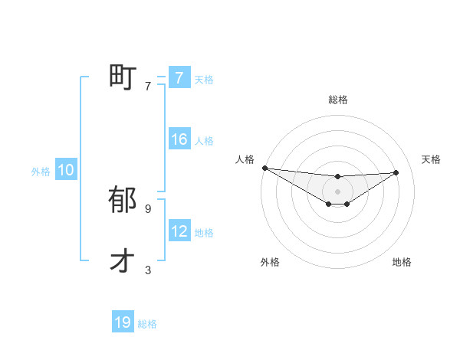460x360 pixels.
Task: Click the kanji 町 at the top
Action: click(123, 77)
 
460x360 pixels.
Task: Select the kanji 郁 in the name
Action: click(123, 200)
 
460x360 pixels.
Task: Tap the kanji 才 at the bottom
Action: click(123, 261)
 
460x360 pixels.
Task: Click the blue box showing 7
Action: click(179, 78)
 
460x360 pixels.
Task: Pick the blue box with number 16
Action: click(179, 139)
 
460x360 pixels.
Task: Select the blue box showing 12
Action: click(179, 231)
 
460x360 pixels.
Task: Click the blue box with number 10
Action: click(66, 171)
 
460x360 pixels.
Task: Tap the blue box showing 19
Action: click(123, 322)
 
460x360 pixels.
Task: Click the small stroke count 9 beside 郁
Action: click(148, 208)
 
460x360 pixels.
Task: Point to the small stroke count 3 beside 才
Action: click(148, 270)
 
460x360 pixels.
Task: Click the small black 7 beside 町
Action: click(148, 87)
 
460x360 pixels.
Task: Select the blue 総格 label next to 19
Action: click(147, 324)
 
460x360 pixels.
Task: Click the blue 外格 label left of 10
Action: click(41, 172)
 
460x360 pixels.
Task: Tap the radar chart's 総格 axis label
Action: click(338, 100)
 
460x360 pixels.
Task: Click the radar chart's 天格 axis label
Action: click(432, 159)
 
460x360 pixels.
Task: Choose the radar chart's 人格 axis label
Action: click(245, 159)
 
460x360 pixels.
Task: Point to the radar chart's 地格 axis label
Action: click(402, 262)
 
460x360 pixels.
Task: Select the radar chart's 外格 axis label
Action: click(270, 262)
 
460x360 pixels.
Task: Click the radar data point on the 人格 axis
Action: click(264, 168)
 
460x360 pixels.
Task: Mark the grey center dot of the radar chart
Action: click(338, 191)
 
